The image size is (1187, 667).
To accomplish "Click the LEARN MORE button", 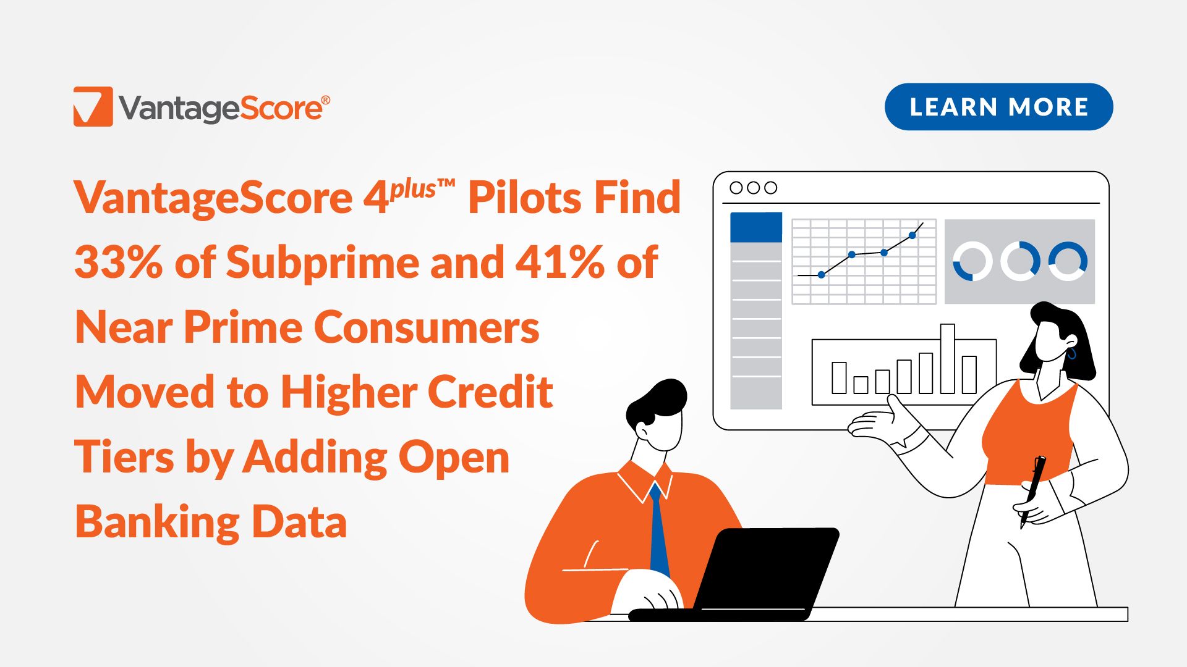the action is [x=998, y=107].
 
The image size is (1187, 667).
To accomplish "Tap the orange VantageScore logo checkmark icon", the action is [x=93, y=106].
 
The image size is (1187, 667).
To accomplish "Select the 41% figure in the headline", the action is [x=560, y=262].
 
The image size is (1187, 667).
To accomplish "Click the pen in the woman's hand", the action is [x=1032, y=492].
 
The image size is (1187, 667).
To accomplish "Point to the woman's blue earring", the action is [x=1072, y=353].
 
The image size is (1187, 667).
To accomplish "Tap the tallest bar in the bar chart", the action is [x=947, y=359].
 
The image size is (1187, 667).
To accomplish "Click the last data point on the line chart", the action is [x=913, y=235].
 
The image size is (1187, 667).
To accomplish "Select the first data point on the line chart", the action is [x=821, y=274].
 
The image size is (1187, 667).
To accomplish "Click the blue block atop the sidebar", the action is [x=756, y=227].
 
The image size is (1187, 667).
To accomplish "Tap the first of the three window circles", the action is [x=736, y=188].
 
